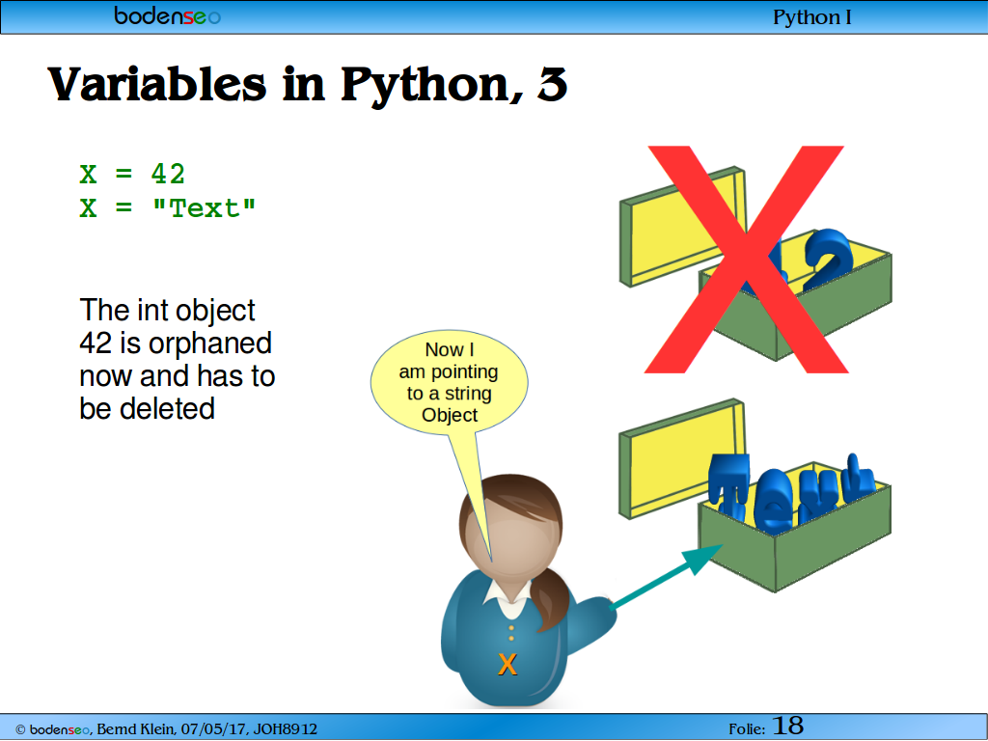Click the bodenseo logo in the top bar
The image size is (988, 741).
coord(168,15)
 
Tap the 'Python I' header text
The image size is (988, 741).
coord(812,17)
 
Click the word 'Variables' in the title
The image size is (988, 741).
coord(157,84)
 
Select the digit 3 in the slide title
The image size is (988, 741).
coord(552,84)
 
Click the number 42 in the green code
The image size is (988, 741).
coord(168,174)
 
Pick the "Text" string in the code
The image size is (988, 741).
coord(205,208)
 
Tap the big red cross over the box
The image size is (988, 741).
coord(746,260)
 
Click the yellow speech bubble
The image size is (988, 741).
coord(450,382)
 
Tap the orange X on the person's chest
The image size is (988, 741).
coord(508,665)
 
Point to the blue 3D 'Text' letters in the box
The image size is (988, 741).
coord(791,491)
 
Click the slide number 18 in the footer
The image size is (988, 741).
coord(787,726)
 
